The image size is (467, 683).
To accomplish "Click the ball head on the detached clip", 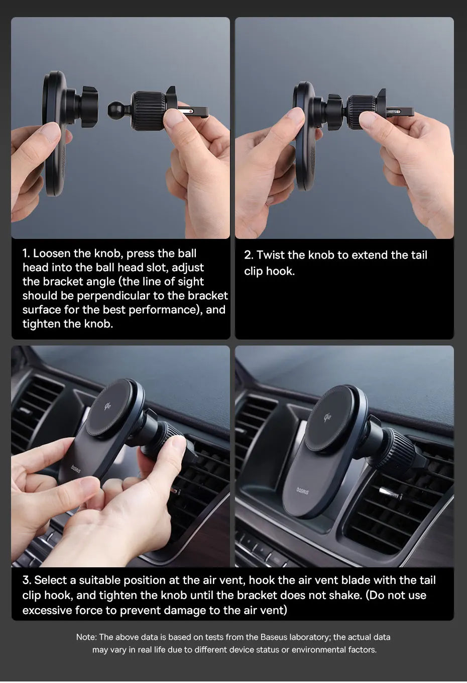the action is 115,110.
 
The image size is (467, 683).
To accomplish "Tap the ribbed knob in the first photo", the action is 149,111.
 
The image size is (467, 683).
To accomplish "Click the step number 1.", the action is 26,253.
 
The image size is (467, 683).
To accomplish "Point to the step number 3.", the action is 27,580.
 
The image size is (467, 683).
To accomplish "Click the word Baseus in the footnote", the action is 274,637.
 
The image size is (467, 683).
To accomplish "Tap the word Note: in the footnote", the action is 86,637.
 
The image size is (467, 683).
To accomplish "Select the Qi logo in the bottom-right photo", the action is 327,417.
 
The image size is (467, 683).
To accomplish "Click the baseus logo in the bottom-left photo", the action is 76,469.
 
